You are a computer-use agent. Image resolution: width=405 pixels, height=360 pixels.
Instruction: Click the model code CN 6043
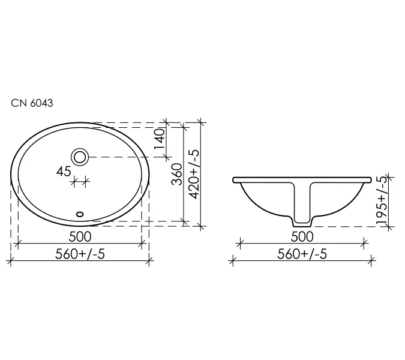click(x=32, y=103)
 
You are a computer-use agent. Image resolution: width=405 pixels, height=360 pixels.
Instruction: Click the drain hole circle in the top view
click(x=80, y=157)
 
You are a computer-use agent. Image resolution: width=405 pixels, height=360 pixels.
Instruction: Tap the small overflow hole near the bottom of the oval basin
click(x=80, y=212)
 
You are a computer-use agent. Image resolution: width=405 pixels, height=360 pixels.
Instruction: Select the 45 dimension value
click(x=64, y=172)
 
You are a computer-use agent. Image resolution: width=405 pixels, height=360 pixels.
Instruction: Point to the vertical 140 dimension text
click(x=160, y=139)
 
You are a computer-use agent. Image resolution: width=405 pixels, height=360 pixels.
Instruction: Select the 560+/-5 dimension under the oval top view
click(x=80, y=253)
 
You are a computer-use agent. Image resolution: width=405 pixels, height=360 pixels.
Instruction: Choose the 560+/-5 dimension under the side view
click(x=302, y=253)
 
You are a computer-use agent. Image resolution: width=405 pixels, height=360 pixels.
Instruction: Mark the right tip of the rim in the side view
click(x=371, y=179)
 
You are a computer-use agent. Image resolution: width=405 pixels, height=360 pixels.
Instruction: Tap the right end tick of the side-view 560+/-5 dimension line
click(x=372, y=260)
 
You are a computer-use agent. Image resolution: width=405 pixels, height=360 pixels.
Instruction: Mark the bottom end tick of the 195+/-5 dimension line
click(x=389, y=227)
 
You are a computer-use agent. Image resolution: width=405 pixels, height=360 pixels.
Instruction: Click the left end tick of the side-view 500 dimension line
click(x=240, y=243)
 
